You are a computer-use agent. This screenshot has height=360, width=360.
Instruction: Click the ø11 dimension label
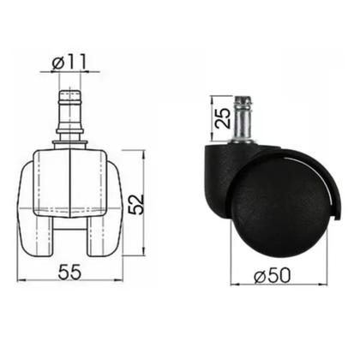click(x=69, y=62)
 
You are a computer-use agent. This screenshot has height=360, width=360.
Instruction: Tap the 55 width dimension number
click(x=69, y=272)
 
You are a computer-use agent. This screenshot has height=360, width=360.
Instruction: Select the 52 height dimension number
click(x=135, y=204)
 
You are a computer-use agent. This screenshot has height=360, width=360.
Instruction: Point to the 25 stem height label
click(x=223, y=117)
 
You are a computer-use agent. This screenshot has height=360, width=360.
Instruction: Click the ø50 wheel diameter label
click(x=273, y=276)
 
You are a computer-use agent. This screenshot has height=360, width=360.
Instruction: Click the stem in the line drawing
click(x=70, y=118)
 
